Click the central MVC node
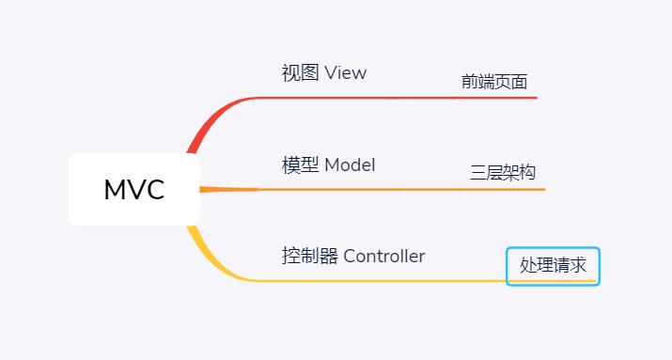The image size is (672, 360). [134, 190]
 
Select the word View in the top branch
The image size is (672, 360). [345, 73]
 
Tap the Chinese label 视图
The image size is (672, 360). [300, 73]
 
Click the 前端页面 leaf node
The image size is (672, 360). [493, 82]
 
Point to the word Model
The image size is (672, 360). [350, 165]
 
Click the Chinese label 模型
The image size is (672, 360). [300, 165]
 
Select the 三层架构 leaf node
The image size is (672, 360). [503, 173]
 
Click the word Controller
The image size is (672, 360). [384, 256]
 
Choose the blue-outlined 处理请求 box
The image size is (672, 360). [553, 266]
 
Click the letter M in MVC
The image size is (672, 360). [115, 190]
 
